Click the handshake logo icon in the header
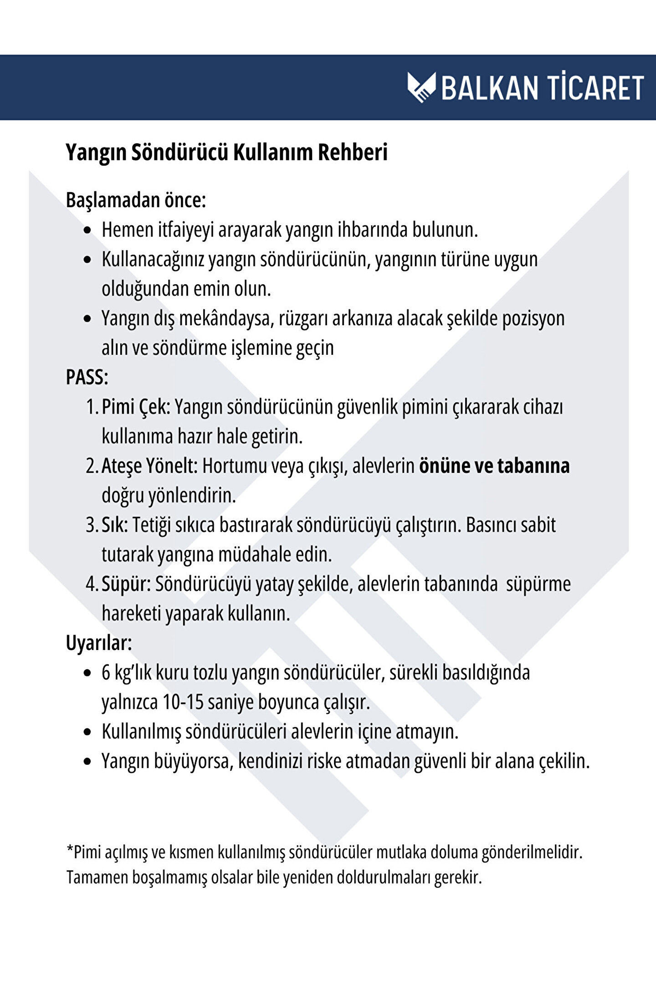coord(421,87)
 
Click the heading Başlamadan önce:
coord(136,200)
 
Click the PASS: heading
coord(87,377)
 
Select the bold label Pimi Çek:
coord(136,407)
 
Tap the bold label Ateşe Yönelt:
coord(149,466)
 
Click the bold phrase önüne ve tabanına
coord(494,466)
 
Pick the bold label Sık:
coord(114,525)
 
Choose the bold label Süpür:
coord(126,584)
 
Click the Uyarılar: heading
coord(99,643)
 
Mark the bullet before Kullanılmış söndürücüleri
coord(88,733)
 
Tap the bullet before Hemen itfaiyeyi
coord(88,231)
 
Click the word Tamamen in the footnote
coord(97,877)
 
